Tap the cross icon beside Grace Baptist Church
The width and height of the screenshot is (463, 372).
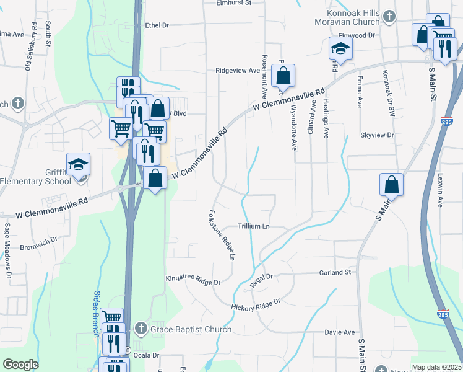point(141,329)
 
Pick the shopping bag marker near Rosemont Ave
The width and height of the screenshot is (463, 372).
point(283,76)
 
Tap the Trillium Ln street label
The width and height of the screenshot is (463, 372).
point(254,227)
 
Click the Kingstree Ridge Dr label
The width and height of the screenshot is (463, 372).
point(193,280)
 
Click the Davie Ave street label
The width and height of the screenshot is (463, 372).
point(340,332)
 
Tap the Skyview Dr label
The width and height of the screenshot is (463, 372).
point(377,135)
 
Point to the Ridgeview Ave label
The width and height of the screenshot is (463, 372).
point(238,71)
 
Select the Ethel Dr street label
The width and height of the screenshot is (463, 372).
point(157,25)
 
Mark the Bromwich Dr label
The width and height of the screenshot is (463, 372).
point(38,239)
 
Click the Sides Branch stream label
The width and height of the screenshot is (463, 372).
point(97,314)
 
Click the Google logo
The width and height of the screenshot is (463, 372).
point(20,365)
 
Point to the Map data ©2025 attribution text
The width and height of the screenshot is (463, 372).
point(436,367)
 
